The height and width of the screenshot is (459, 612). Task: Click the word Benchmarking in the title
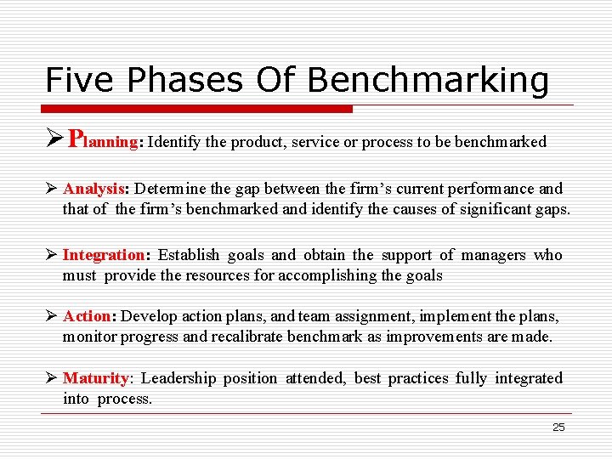(x=428, y=80)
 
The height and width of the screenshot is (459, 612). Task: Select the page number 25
(x=558, y=428)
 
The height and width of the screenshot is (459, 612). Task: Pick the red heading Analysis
(x=94, y=189)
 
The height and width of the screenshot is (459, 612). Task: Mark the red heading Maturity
(x=95, y=378)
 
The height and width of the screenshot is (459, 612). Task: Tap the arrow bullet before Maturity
(x=52, y=378)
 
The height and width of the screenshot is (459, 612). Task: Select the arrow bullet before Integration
(x=52, y=255)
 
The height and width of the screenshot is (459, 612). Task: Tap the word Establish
(x=189, y=255)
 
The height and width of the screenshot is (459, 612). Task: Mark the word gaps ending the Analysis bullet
(x=551, y=209)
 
